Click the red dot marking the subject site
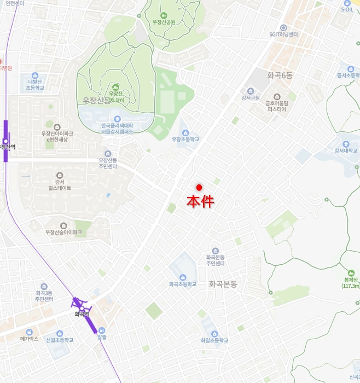[199, 188]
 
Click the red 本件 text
[200, 201]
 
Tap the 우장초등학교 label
[185, 140]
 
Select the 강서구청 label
[249, 98]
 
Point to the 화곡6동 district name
[280, 76]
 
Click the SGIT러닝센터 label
[283, 34]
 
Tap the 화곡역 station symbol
[82, 309]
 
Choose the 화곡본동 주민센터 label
[215, 260]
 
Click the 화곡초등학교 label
[183, 284]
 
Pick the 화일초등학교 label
[214, 340]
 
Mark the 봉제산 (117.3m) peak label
[351, 282]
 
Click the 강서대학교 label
[346, 150]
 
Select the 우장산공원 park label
[164, 22]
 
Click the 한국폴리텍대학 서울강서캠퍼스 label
[117, 129]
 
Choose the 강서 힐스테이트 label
[59, 185]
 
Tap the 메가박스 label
[28, 339]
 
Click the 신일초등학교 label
[60, 340]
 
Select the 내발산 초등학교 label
[34, 85]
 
